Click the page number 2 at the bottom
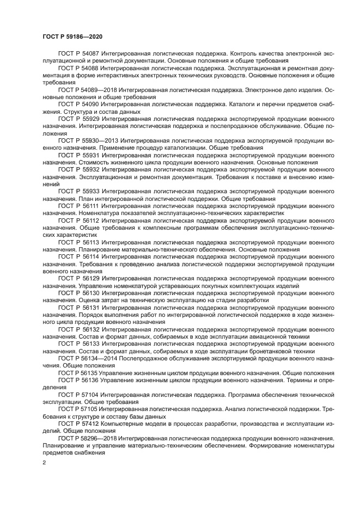tap(44, 463)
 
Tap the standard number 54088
tap(90, 69)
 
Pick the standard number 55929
tap(90, 118)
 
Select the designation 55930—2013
tap(99, 140)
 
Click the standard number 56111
tap(90, 206)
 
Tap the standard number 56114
tap(90, 255)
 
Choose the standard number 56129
tap(90, 278)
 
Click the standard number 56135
tap(90, 372)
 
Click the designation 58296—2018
tap(99, 438)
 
